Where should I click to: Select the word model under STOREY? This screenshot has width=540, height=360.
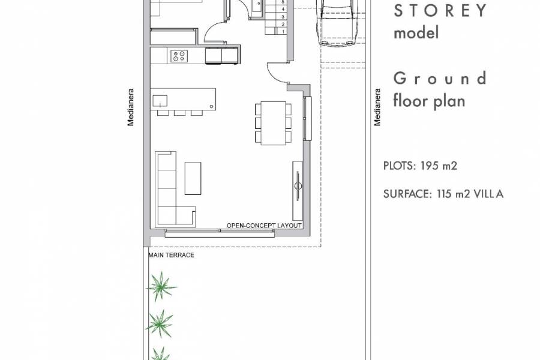tap(416, 32)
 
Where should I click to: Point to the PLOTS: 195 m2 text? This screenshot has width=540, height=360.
tap(420, 166)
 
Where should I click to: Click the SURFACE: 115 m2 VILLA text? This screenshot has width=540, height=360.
tap(443, 194)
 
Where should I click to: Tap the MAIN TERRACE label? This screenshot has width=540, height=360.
tap(171, 255)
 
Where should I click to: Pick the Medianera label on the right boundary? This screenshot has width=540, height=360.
tap(377, 107)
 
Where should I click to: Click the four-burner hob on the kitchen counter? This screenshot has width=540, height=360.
tap(179, 56)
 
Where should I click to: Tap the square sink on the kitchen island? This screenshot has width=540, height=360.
tap(160, 99)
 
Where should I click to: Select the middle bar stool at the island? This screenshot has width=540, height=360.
tap(179, 112)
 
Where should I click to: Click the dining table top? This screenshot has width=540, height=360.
tap(273, 122)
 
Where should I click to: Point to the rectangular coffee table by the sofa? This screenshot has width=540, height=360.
tap(193, 178)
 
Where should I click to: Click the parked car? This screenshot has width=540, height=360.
tap(338, 21)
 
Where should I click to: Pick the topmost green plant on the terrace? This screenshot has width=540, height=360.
tap(161, 286)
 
